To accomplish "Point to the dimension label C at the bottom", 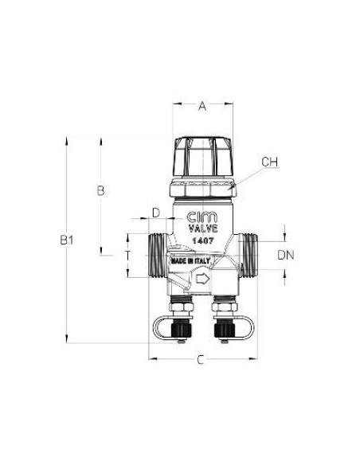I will (x=201, y=361).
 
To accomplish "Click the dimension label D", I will (x=156, y=212).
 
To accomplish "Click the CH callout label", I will (x=270, y=162).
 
